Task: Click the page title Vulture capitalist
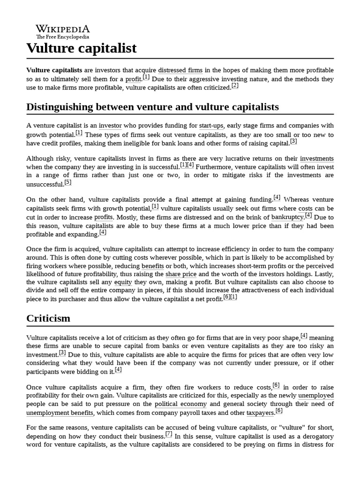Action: pyautogui.click(x=82, y=48)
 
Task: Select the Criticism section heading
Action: pyautogui.click(x=48, y=318)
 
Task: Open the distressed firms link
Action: pyautogui.click(x=180, y=70)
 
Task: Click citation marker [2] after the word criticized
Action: pyautogui.click(x=235, y=86)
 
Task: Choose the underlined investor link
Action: pyautogui.click(x=110, y=126)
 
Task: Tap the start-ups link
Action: pyautogui.click(x=212, y=126)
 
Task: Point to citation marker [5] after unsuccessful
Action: pyautogui.click(x=68, y=182)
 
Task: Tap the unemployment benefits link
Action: pyautogui.click(x=60, y=412)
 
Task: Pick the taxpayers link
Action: pyautogui.click(x=260, y=412)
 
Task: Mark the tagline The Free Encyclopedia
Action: pyautogui.click(x=63, y=37)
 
